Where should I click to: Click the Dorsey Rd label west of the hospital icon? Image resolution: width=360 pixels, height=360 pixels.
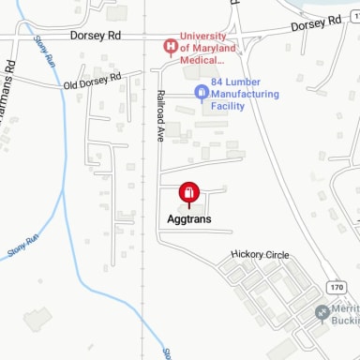(95, 36)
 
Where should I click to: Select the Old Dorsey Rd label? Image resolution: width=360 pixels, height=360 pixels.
(93, 82)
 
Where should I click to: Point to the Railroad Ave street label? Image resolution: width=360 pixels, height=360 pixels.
(160, 115)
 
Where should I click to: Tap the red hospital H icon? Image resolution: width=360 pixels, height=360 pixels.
(170, 45)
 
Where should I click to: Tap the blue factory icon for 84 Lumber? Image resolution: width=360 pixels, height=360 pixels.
(200, 92)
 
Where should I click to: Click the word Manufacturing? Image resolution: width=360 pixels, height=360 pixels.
(246, 94)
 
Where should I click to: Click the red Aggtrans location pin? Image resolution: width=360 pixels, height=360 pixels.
(188, 194)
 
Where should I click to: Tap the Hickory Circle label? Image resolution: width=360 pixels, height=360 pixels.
(260, 255)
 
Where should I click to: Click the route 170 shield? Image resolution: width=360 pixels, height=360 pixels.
(337, 285)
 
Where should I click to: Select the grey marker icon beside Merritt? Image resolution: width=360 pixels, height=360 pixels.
(322, 312)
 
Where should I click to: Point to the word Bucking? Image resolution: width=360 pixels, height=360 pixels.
(345, 322)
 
